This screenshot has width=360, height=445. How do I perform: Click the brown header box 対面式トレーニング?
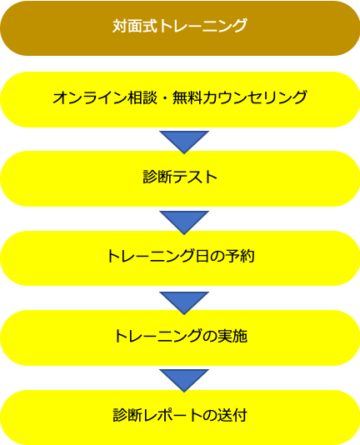coord(180,28)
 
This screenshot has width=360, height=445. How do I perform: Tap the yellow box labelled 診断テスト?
coord(180,178)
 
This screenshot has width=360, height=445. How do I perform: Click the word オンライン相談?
coord(105,97)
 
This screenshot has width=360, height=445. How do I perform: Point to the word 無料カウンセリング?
coord(240,97)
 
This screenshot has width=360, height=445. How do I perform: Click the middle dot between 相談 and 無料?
coord(165,98)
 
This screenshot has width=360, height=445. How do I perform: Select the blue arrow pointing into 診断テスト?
coord(184,142)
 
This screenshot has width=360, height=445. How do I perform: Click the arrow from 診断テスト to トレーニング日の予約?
coord(184,222)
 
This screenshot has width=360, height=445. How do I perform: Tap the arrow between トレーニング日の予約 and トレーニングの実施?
coord(184,303)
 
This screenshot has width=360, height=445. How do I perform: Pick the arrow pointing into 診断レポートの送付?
coord(184,381)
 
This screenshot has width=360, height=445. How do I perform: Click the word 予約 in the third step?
coord(239,256)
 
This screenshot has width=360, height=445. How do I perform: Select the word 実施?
coord(232,336)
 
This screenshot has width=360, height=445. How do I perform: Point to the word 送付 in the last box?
coord(232,415)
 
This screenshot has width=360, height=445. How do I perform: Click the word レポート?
coord(172,415)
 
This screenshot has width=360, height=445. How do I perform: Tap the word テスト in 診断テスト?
coord(195,177)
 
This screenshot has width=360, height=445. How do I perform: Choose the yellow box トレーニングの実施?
coord(180,337)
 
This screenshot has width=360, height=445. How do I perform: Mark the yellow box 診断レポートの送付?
coord(180,417)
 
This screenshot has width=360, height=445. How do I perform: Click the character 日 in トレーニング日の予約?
coord(202,256)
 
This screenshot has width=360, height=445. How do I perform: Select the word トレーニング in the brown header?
coord(202,26)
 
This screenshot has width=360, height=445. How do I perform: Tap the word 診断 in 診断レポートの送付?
coord(127,415)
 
